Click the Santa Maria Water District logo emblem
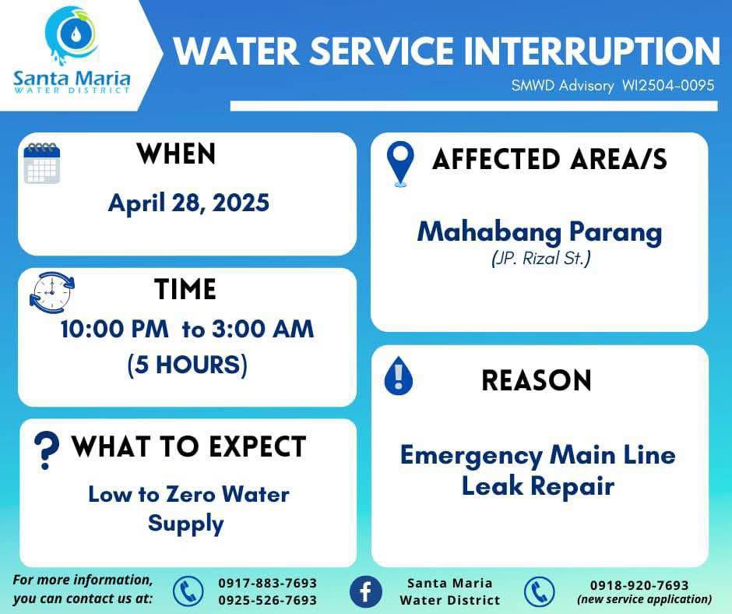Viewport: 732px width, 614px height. [x=71, y=36]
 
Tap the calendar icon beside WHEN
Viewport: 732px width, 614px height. [x=42, y=163]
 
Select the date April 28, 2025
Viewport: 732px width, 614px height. [x=188, y=203]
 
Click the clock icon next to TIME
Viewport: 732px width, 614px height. [x=52, y=292]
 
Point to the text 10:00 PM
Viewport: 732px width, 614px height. [x=114, y=329]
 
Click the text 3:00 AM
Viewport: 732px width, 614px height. [x=263, y=329]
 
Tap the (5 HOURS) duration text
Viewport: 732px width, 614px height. [x=187, y=365]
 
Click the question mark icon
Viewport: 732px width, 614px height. [x=46, y=450]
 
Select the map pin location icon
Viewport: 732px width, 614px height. [x=400, y=164]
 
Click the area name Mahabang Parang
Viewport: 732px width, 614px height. [x=539, y=232]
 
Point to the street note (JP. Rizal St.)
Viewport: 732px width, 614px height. [x=540, y=259]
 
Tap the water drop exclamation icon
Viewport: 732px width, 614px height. [x=398, y=376]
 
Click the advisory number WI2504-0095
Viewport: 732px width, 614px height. [x=668, y=85]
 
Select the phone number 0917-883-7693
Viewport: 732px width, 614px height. [x=268, y=583]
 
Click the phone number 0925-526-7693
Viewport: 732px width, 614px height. [x=268, y=600]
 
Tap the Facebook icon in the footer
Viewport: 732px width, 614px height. [x=365, y=591]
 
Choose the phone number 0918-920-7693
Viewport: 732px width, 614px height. [x=639, y=585]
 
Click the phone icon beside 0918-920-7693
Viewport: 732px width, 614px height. [x=539, y=591]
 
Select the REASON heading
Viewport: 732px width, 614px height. [x=537, y=380]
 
